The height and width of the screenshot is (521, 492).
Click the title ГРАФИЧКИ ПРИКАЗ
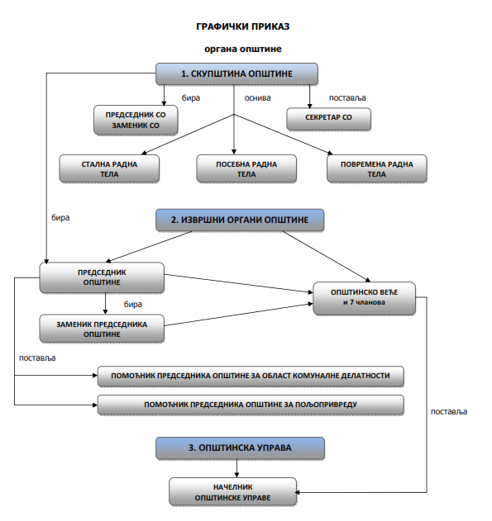click(243, 26)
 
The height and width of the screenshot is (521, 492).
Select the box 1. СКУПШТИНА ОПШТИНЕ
click(236, 73)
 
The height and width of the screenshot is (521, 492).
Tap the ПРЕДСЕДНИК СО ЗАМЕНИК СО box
click(136, 120)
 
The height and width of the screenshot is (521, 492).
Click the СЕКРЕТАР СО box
click(328, 119)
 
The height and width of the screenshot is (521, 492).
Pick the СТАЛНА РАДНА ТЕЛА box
click(109, 168)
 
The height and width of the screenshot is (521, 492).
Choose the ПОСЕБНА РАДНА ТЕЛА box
click(246, 168)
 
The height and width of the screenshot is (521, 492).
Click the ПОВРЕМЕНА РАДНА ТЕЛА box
click(377, 168)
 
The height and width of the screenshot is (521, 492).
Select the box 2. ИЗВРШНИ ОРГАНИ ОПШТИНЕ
click(240, 220)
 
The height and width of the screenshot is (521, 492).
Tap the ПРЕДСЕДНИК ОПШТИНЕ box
click(102, 277)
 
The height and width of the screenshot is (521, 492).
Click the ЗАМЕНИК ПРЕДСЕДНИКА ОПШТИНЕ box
click(102, 329)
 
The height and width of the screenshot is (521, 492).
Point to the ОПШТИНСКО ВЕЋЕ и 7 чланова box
click(365, 298)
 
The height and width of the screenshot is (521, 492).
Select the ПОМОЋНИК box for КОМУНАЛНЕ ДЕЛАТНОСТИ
click(251, 377)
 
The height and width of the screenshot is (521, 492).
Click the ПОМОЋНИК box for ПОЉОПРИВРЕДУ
click(251, 405)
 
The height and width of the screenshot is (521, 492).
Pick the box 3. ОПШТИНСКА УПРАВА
click(240, 448)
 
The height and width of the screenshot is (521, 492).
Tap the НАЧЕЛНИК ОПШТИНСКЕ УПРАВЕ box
click(233, 492)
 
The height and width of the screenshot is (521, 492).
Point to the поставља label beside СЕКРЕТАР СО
click(347, 98)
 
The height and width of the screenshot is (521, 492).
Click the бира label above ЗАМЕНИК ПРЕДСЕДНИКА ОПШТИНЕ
click(133, 305)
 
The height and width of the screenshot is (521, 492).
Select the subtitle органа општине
click(243, 50)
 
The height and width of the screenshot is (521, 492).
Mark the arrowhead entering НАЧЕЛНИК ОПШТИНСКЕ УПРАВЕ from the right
click(297, 492)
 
